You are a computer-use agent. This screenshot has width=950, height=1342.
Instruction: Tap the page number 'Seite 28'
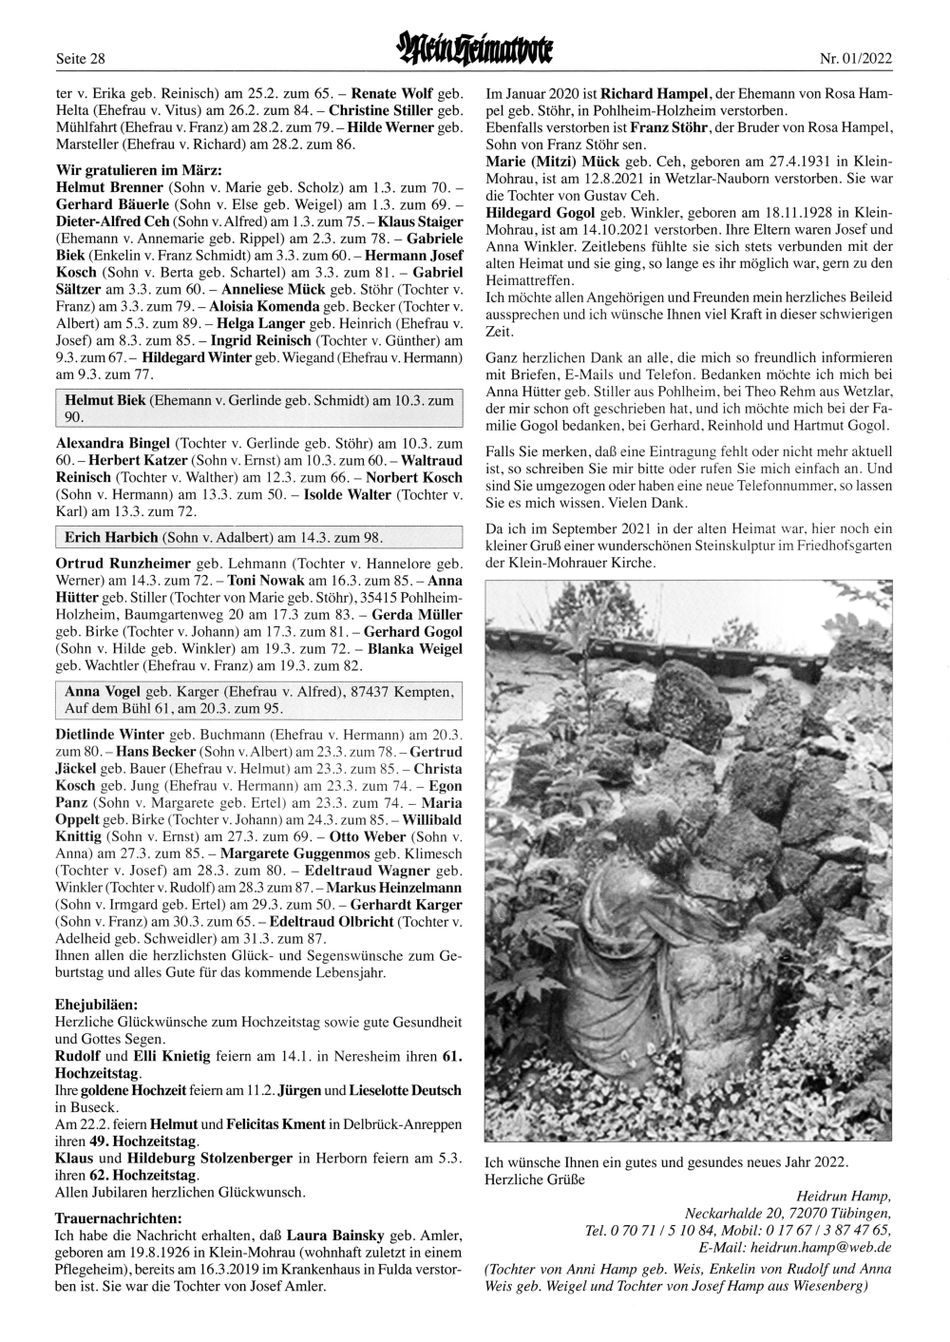click(81, 59)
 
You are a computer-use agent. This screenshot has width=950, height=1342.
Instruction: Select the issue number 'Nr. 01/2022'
click(856, 59)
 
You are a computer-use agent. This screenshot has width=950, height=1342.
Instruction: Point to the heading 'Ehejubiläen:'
click(97, 1004)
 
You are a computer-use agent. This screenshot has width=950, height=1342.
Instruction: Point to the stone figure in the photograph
click(617, 950)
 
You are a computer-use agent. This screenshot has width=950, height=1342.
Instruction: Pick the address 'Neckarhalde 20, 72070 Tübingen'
click(788, 1214)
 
